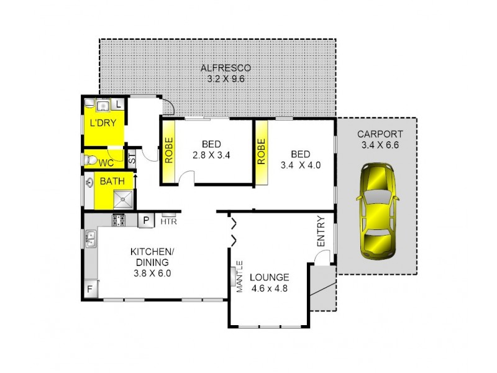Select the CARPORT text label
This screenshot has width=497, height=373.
[380, 134]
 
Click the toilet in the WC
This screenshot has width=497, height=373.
[91, 160]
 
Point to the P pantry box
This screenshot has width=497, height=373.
[146, 219]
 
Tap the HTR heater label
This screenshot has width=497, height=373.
[168, 221]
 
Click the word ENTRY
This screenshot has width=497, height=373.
[321, 231]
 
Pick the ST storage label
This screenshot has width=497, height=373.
[132, 158]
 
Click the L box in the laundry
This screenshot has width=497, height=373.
[119, 104]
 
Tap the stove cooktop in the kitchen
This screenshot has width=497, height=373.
[119, 219]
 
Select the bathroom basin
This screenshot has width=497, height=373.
[90, 183]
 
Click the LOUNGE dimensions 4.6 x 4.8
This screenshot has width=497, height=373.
[270, 288]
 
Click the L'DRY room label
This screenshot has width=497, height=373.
[103, 123]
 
